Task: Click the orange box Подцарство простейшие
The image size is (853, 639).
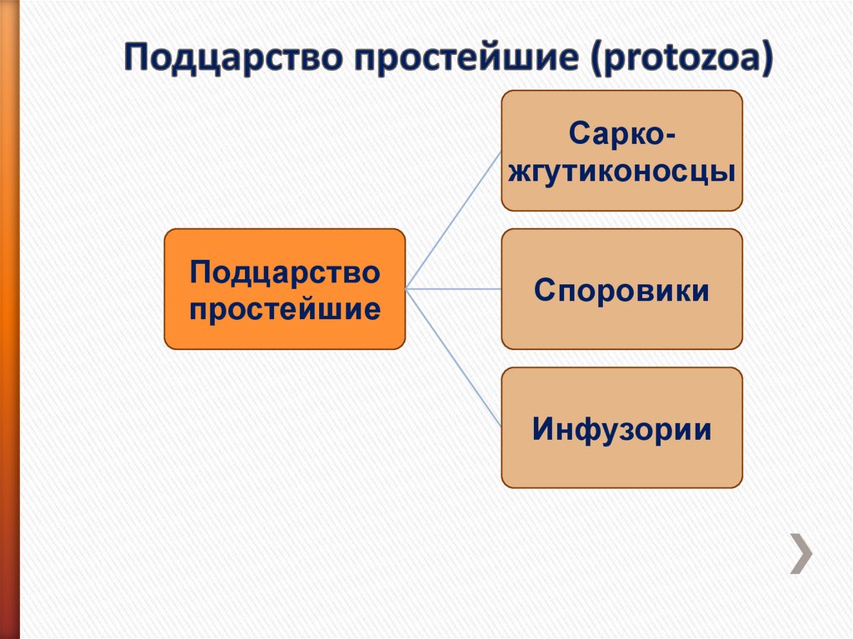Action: click(284, 288)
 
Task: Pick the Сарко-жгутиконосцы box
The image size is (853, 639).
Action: click(621, 151)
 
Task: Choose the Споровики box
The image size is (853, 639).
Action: click(621, 289)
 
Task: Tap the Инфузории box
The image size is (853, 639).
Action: click(621, 427)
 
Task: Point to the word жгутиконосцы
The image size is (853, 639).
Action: click(621, 172)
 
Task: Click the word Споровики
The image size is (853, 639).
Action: click(621, 292)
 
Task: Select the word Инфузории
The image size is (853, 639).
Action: click(621, 430)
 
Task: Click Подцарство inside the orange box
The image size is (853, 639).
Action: click(284, 271)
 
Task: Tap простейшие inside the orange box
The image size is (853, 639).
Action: click(284, 309)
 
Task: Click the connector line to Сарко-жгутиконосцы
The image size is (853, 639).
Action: click(454, 218)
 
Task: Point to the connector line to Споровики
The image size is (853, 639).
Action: click(454, 289)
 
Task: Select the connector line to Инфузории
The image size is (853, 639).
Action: click(454, 358)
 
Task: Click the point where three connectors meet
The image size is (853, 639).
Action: click(407, 289)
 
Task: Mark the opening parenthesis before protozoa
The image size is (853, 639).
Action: click(600, 62)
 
